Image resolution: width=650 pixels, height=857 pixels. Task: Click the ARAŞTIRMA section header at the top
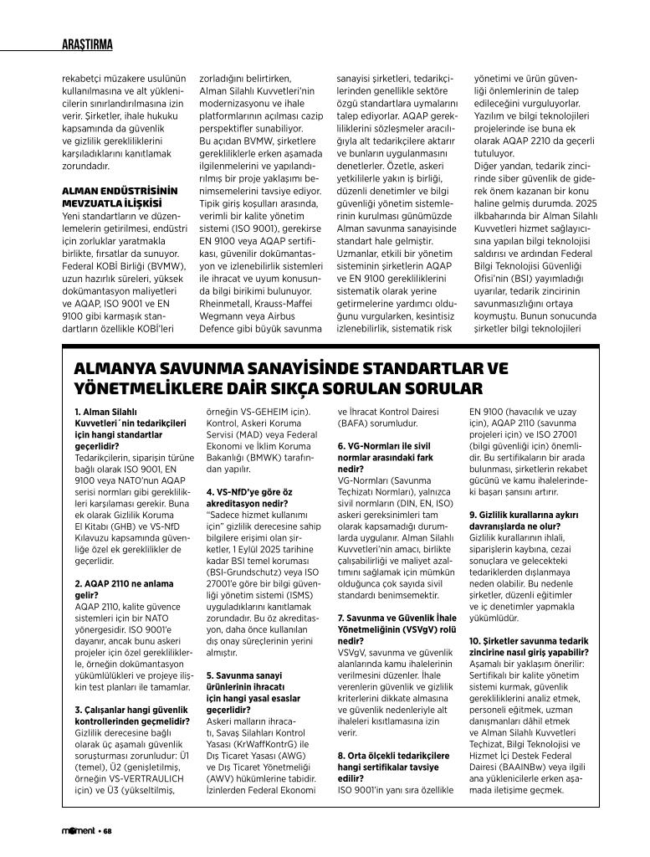[x=88, y=44]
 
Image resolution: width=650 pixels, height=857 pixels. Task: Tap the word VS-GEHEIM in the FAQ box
[x=258, y=412]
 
